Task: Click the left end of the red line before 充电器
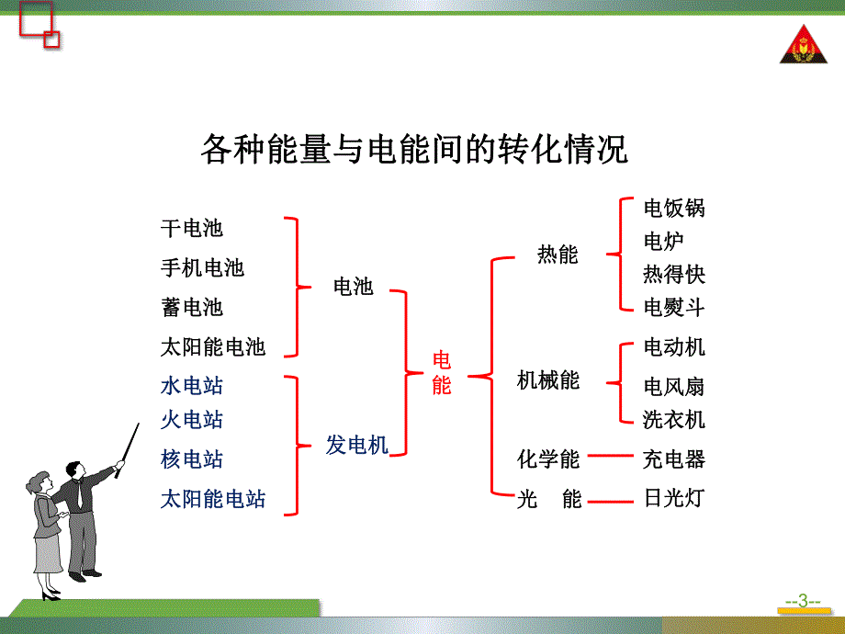point(588,456)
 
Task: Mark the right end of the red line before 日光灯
point(633,502)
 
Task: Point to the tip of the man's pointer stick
point(139,424)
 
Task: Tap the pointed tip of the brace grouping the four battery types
point(311,288)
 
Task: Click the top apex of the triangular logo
point(804,25)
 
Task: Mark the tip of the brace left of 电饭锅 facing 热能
point(607,254)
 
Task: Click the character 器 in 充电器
point(694,459)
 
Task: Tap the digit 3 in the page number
point(803,601)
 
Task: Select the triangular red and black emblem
point(804,44)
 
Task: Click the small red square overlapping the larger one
point(51,40)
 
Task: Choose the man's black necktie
point(79,494)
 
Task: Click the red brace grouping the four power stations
point(298,446)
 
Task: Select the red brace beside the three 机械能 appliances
point(620,383)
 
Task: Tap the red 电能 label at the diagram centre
point(442,372)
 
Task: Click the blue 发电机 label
point(356,446)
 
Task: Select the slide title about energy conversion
point(414,149)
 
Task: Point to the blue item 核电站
point(192,459)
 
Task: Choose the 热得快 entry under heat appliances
point(674,275)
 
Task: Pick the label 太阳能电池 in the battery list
point(213,346)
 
